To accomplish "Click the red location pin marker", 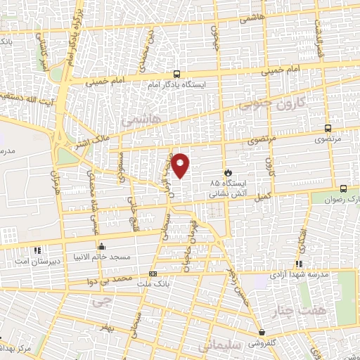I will point(181,165).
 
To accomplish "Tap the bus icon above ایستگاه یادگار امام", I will point(176,73).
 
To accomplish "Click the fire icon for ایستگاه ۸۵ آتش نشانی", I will point(227,172).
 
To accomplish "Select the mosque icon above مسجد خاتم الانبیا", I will point(102,247).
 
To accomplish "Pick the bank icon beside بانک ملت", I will point(153,274).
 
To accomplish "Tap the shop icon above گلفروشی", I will point(262,333).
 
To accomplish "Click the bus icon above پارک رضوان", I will point(343,188).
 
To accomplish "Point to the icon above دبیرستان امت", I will point(37,250).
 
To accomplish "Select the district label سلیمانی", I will point(219,346).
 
